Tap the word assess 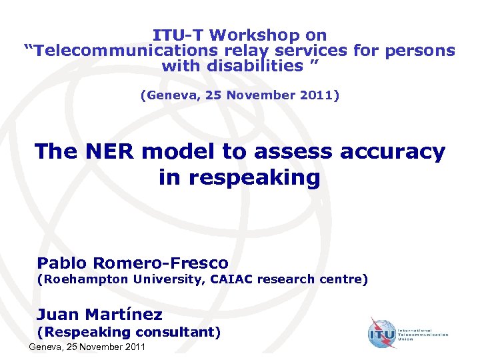[291, 152]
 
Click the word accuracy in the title [392, 152]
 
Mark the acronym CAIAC [235, 279]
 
